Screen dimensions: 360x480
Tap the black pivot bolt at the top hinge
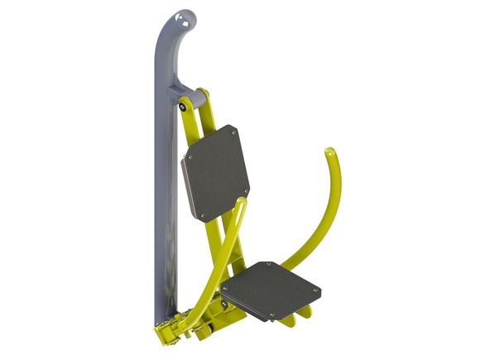click(x=181, y=105)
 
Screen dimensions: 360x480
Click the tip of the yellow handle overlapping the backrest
click(x=240, y=202)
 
